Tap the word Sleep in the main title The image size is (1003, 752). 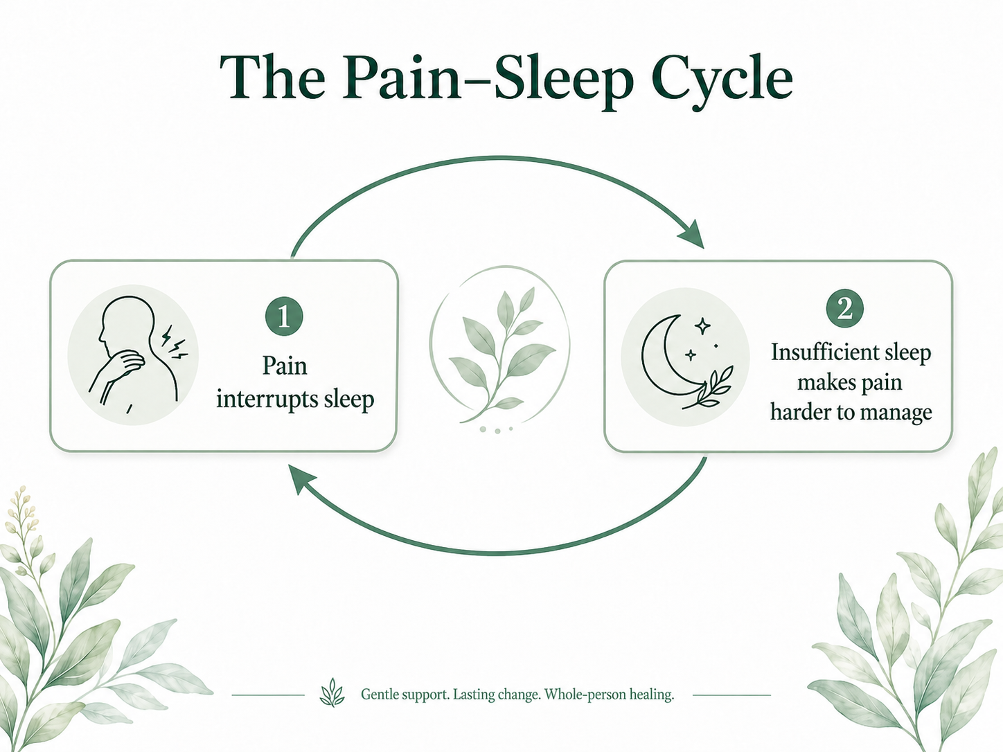pyautogui.click(x=563, y=82)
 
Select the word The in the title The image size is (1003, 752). pyautogui.click(x=273, y=77)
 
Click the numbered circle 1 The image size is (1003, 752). pyautogui.click(x=284, y=316)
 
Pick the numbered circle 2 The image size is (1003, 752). pyautogui.click(x=844, y=309)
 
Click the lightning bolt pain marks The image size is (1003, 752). pyautogui.click(x=175, y=342)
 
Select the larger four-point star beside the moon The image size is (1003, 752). pyautogui.click(x=702, y=326)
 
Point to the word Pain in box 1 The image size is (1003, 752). pyautogui.click(x=285, y=366)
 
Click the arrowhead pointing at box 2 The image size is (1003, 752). pyautogui.click(x=692, y=235)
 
